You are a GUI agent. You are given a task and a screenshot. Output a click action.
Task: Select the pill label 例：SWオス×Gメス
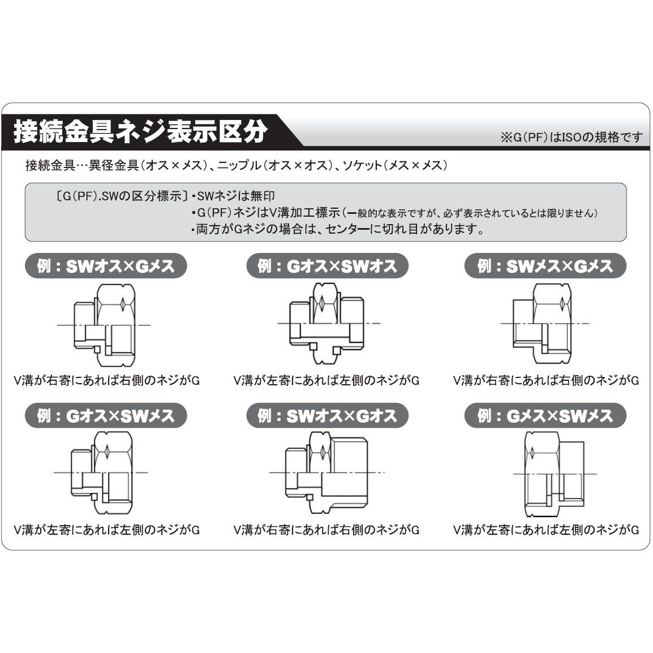click(x=106, y=266)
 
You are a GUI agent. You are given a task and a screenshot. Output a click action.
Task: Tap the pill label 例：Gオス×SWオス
click(x=327, y=266)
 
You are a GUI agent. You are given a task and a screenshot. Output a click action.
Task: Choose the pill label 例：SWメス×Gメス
click(x=545, y=266)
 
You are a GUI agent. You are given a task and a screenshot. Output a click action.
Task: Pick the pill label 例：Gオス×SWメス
click(x=106, y=416)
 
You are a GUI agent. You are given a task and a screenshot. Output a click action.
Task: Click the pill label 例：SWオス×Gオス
click(x=327, y=416)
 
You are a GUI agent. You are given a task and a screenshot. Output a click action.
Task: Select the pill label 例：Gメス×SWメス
click(x=545, y=416)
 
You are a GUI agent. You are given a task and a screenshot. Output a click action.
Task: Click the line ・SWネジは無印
click(x=233, y=196)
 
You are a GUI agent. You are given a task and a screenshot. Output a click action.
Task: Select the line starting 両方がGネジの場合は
click(x=337, y=230)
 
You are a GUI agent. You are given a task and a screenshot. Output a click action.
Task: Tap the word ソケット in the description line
click(x=362, y=166)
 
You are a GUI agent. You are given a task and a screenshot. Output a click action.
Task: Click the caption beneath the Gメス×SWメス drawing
click(x=546, y=530)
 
